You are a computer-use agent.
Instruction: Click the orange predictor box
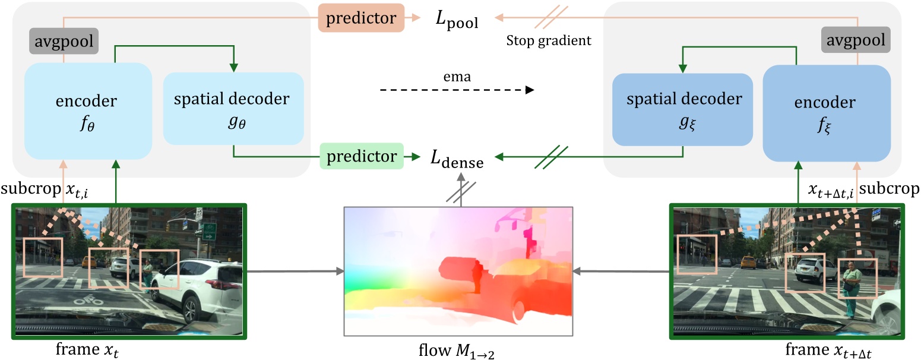coord(362,18)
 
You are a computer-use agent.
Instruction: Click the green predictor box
coord(362,157)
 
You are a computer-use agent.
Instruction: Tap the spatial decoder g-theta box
coord(233,109)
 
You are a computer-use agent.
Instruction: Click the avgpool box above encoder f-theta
coord(64,41)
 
